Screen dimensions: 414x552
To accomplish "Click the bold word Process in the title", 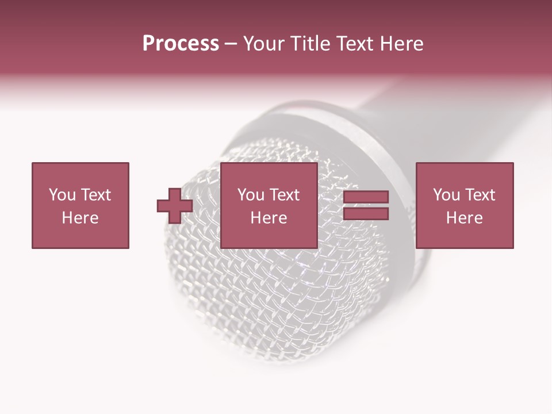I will (181, 44).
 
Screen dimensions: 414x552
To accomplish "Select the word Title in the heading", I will (310, 44).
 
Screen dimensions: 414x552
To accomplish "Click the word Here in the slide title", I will (401, 44).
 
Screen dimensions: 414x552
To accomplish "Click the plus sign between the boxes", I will (175, 206).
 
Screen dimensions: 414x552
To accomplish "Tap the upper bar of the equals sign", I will (366, 197).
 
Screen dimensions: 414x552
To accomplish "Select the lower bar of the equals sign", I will (366, 214).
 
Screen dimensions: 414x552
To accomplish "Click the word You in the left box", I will (62, 195).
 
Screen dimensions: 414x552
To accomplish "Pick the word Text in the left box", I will (95, 195).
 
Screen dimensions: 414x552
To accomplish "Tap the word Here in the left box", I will (80, 218).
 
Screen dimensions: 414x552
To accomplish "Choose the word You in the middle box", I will (251, 195).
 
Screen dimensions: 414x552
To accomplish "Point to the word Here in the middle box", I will (269, 218).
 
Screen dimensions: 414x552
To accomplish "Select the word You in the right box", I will (446, 195).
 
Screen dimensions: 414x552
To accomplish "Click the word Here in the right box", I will (464, 218).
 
